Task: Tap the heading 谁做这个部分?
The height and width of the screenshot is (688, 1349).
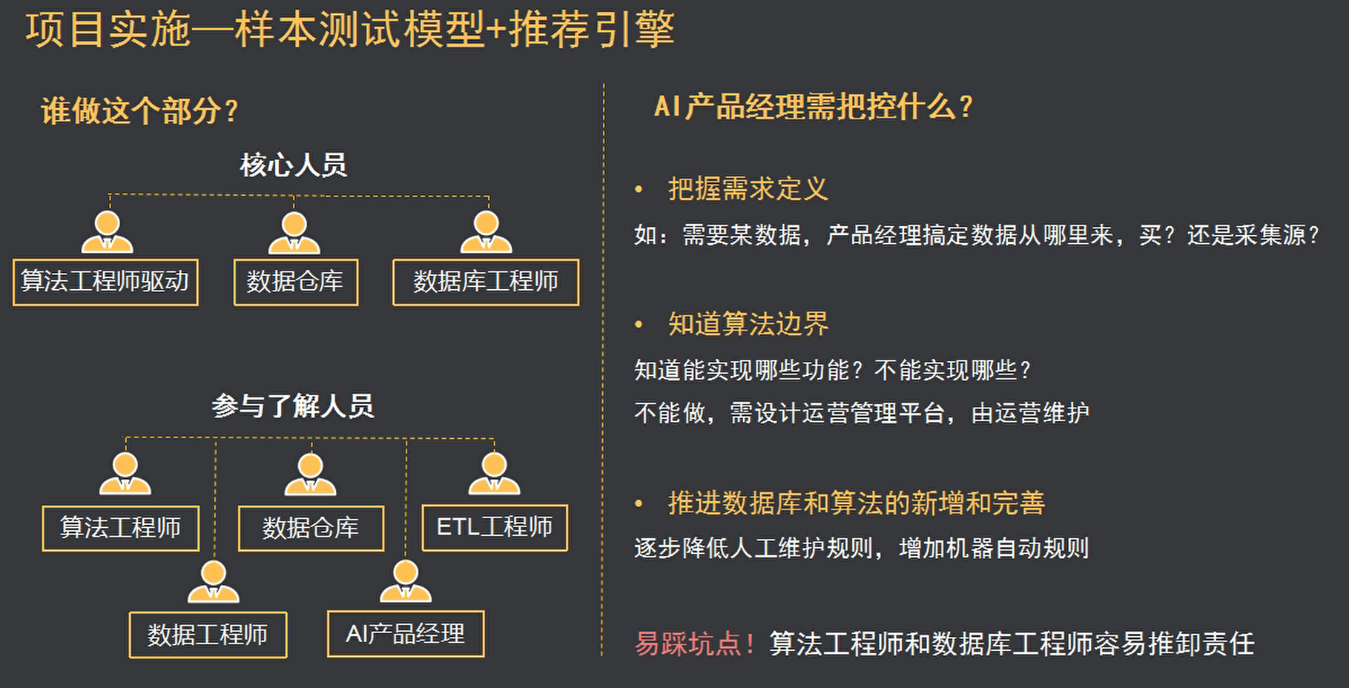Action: pyautogui.click(x=139, y=111)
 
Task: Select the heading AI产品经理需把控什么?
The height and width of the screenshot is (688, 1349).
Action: pyautogui.click(x=813, y=107)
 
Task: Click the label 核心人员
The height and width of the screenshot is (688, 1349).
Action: pyautogui.click(x=294, y=165)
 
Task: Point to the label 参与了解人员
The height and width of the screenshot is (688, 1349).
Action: pyautogui.click(x=293, y=406)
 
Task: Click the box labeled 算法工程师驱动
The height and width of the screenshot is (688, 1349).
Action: pyautogui.click(x=105, y=282)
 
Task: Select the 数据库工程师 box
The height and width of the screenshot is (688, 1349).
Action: pyautogui.click(x=486, y=282)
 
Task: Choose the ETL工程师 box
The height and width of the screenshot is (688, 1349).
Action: pyautogui.click(x=495, y=527)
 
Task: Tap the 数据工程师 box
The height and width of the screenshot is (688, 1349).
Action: pyautogui.click(x=208, y=635)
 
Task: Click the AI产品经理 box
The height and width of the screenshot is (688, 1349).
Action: pyautogui.click(x=406, y=634)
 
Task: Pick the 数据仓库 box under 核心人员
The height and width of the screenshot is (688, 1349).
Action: pyautogui.click(x=295, y=282)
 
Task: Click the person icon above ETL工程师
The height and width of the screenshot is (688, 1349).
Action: pyautogui.click(x=494, y=474)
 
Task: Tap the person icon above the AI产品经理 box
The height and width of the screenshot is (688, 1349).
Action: pyautogui.click(x=406, y=581)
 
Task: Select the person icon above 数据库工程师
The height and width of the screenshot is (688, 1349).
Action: pyautogui.click(x=487, y=232)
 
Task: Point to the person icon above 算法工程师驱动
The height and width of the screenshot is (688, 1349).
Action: pyautogui.click(x=108, y=232)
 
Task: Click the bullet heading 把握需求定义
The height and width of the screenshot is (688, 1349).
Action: pyautogui.click(x=748, y=189)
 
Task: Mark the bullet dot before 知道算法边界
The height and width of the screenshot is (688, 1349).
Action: pyautogui.click(x=639, y=325)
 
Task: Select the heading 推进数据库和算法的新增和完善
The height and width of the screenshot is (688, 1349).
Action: pyautogui.click(x=857, y=503)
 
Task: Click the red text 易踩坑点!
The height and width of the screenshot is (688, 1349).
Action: pyautogui.click(x=694, y=644)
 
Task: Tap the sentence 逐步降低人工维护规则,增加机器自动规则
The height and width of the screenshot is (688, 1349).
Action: pyautogui.click(x=861, y=549)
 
